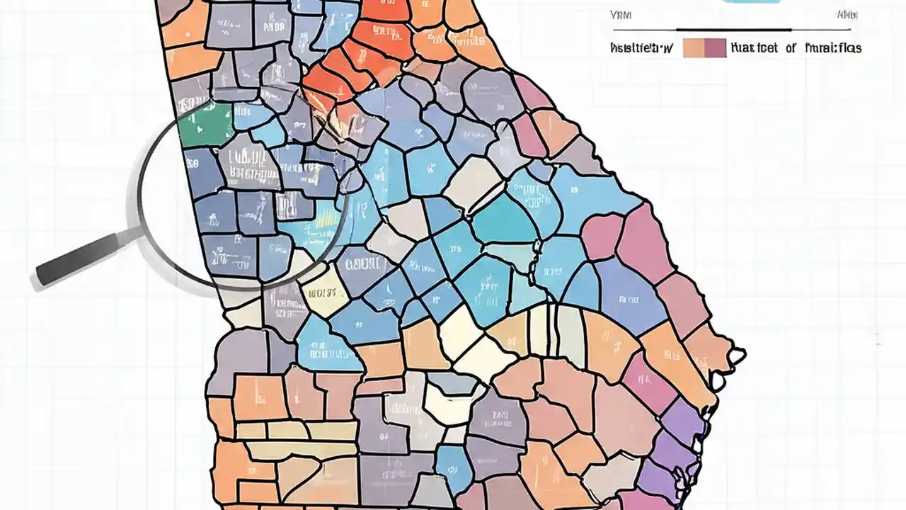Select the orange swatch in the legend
pyautogui.click(x=693, y=47)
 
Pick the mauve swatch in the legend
pyautogui.click(x=715, y=47)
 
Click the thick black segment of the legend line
pyautogui.click(x=733, y=30)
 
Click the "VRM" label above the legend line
pyautogui.click(x=621, y=15)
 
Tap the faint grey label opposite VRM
pyautogui.click(x=847, y=15)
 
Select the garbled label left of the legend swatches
pyautogui.click(x=641, y=48)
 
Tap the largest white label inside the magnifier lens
pyautogui.click(x=248, y=174)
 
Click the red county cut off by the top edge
pyautogui.click(x=386, y=8)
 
